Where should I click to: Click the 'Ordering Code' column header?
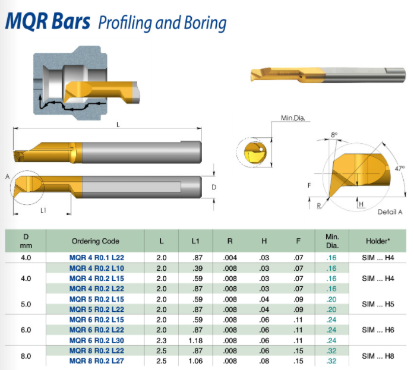point(95,241)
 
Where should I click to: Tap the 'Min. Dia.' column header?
point(332,241)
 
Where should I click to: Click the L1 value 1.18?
point(195,340)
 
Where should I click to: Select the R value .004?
point(230,258)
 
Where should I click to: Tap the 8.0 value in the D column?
point(26,355)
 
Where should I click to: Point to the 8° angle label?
point(335,135)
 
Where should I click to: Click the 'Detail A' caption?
point(390,212)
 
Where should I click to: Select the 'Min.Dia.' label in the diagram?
point(293,119)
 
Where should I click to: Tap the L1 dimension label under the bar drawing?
point(44,210)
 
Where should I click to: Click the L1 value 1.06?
point(195,360)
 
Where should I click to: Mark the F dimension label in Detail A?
point(309,185)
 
